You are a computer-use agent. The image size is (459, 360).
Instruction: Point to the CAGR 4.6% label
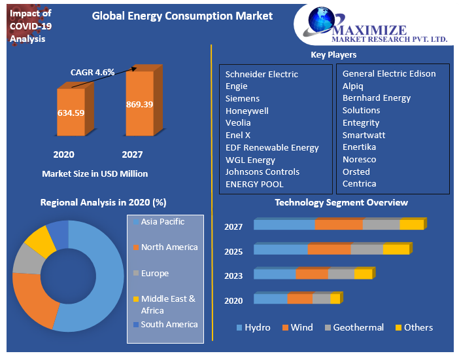tap(92, 72)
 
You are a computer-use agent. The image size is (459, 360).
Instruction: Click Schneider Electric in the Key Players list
tap(262, 74)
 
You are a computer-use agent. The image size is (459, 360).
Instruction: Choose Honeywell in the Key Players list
tap(246, 111)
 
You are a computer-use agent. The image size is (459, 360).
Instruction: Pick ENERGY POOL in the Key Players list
tap(254, 184)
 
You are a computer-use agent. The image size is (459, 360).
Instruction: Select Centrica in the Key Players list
tap(359, 184)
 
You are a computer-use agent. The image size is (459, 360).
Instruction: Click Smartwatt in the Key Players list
tap(365, 135)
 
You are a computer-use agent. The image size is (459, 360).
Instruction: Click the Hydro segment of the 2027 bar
tap(284, 225)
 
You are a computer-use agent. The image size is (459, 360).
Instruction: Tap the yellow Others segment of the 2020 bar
tap(335, 299)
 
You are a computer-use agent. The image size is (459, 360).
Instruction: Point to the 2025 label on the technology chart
tap(233, 252)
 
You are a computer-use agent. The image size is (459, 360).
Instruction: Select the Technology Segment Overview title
tap(341, 203)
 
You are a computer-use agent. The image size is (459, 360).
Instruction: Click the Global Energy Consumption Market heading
tap(182, 16)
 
